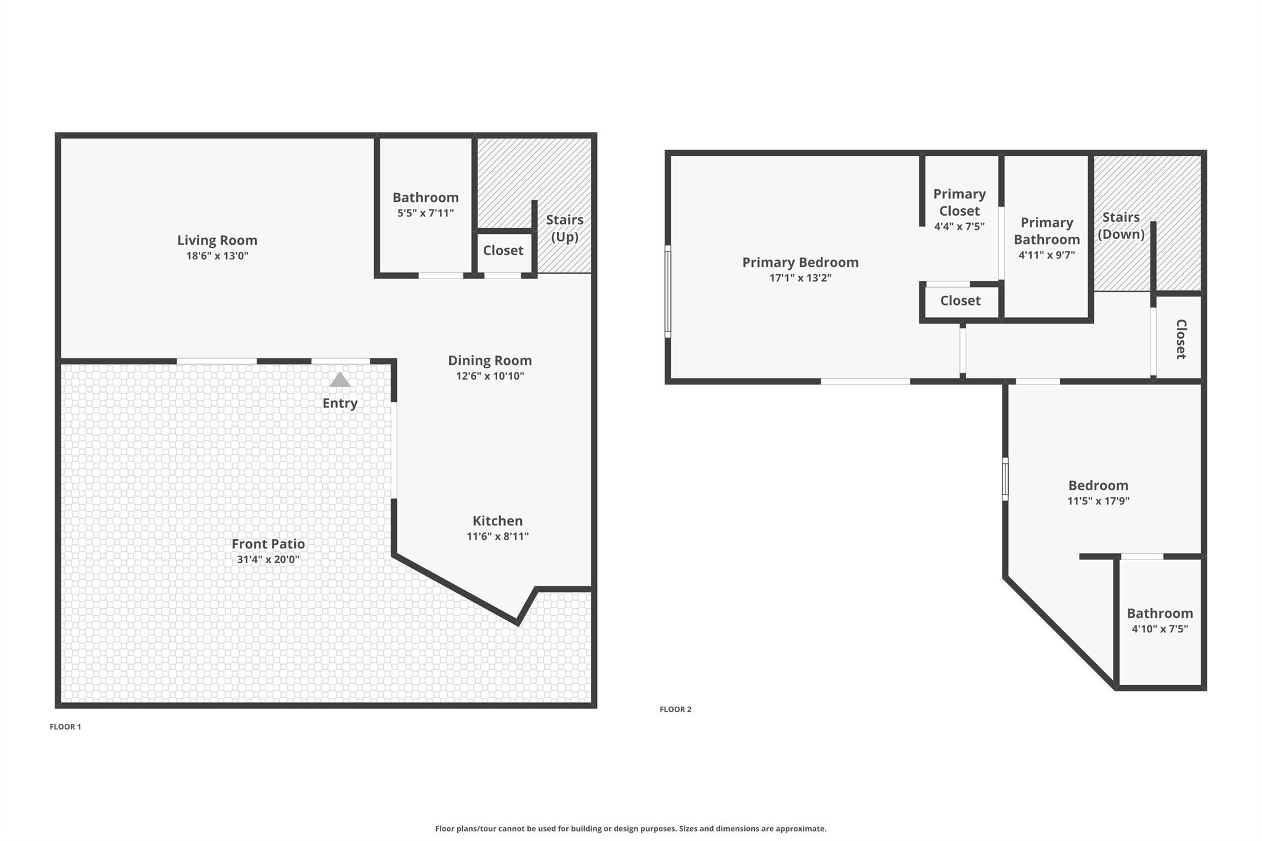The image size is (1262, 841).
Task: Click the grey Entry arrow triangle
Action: [340, 380]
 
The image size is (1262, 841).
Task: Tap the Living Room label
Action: [218, 240]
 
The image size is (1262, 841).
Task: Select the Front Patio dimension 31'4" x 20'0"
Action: [268, 559]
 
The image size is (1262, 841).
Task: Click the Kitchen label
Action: [497, 521]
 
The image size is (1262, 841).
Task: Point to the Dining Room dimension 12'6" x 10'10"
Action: [490, 376]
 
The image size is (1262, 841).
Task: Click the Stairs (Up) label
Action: [564, 228]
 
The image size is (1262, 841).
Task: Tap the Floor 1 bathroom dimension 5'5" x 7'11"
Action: [425, 213]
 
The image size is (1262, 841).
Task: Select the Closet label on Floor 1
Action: [503, 250]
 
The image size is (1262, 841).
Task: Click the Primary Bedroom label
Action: [800, 262]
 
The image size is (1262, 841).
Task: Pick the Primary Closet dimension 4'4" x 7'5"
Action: [959, 226]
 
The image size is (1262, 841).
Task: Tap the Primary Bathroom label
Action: [1047, 231]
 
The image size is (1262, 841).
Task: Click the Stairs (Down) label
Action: [1121, 225]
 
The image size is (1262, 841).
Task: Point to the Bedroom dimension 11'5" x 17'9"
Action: [1098, 501]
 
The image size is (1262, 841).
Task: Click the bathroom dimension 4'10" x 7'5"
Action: [1160, 629]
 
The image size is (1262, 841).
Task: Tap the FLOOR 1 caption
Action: [65, 727]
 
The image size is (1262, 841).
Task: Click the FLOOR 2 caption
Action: [675, 710]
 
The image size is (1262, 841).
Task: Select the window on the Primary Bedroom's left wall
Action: [667, 291]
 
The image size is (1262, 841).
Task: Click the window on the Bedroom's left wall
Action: [1005, 479]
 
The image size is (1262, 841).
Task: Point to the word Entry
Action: [340, 404]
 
